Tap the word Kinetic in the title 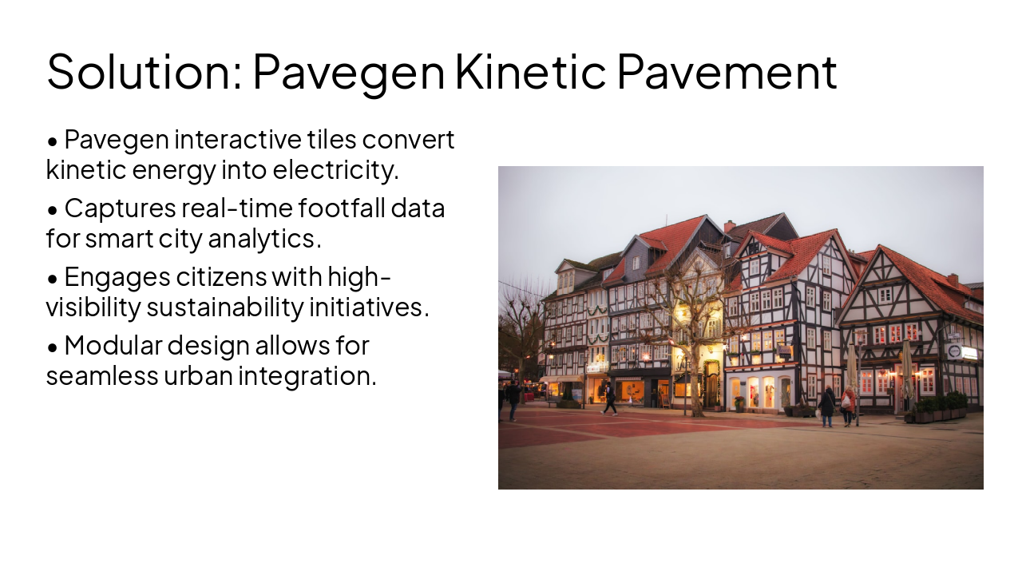click(530, 71)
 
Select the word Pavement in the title click(727, 71)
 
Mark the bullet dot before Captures click(53, 210)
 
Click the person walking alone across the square click(610, 399)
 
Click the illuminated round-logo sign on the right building click(955, 351)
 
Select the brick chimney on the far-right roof click(953, 280)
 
